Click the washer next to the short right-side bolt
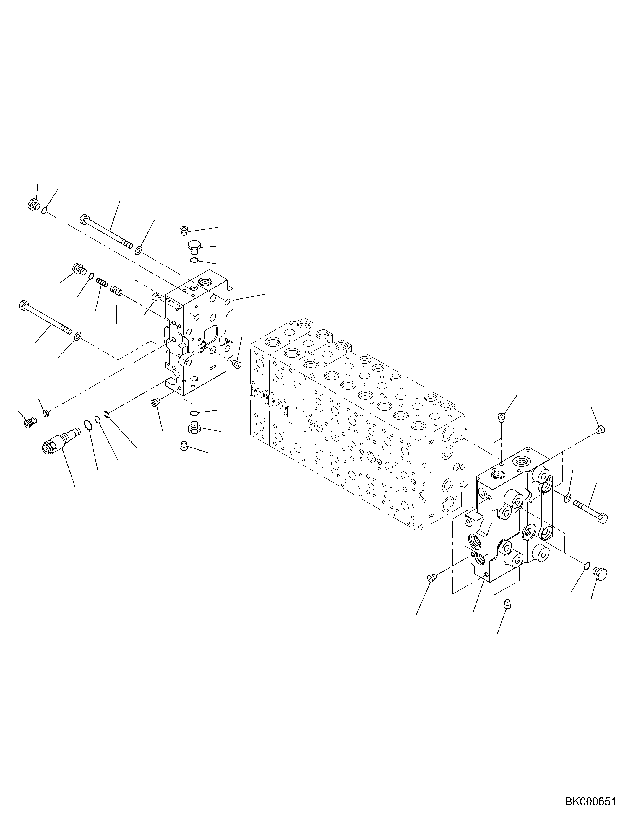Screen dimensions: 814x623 (x=567, y=498)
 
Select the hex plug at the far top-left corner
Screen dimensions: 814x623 (x=33, y=204)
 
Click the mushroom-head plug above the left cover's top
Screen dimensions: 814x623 (x=193, y=246)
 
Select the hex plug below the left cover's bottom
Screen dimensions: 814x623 (x=194, y=428)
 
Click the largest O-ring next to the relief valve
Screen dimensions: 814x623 (x=88, y=425)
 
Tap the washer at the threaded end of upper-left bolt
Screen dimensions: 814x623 (x=138, y=251)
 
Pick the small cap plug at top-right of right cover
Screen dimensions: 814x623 (x=600, y=430)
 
